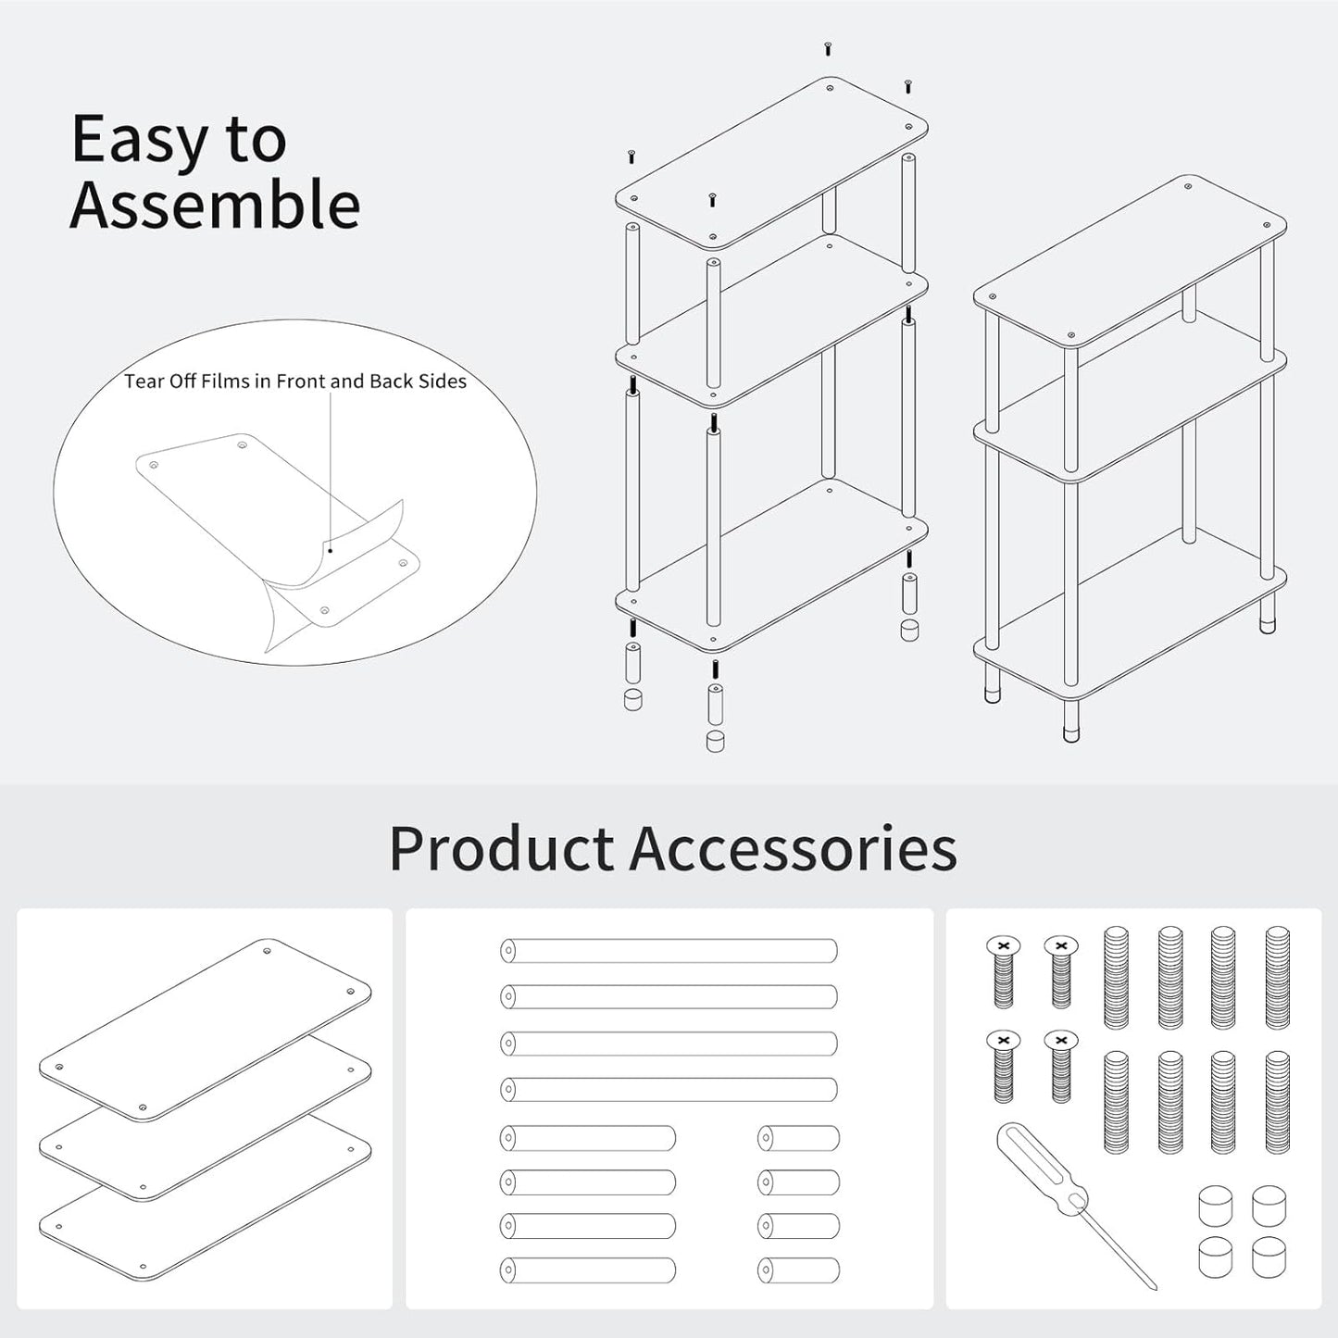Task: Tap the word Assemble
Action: click(215, 205)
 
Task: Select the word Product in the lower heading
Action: click(501, 848)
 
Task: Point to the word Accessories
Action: click(793, 848)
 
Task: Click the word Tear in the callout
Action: click(144, 381)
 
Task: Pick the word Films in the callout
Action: click(223, 381)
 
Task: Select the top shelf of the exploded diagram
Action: click(771, 163)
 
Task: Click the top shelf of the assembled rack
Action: click(1130, 261)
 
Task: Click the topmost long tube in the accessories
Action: click(669, 951)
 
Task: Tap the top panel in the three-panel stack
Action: click(206, 1030)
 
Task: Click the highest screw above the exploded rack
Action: click(827, 48)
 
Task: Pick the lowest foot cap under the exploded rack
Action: click(715, 741)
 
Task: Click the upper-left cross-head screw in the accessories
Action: click(1004, 973)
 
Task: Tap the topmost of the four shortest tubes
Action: click(798, 1138)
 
